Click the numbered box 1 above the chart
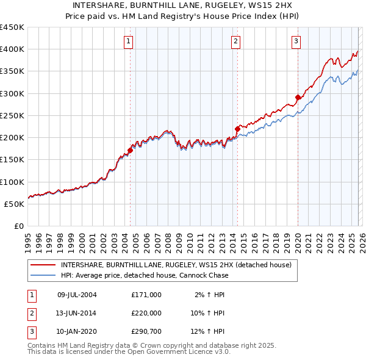tap(129, 41)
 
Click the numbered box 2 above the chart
tap(235, 41)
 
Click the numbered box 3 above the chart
tap(296, 41)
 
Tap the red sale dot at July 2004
tap(130, 150)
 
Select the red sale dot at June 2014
tap(237, 129)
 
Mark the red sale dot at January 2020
tap(298, 97)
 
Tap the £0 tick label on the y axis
tap(18, 226)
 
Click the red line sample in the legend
tap(43, 265)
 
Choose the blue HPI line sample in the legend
tap(43, 275)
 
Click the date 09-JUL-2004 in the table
tap(77, 294)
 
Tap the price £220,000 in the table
tap(146, 313)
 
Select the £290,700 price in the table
tap(146, 332)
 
